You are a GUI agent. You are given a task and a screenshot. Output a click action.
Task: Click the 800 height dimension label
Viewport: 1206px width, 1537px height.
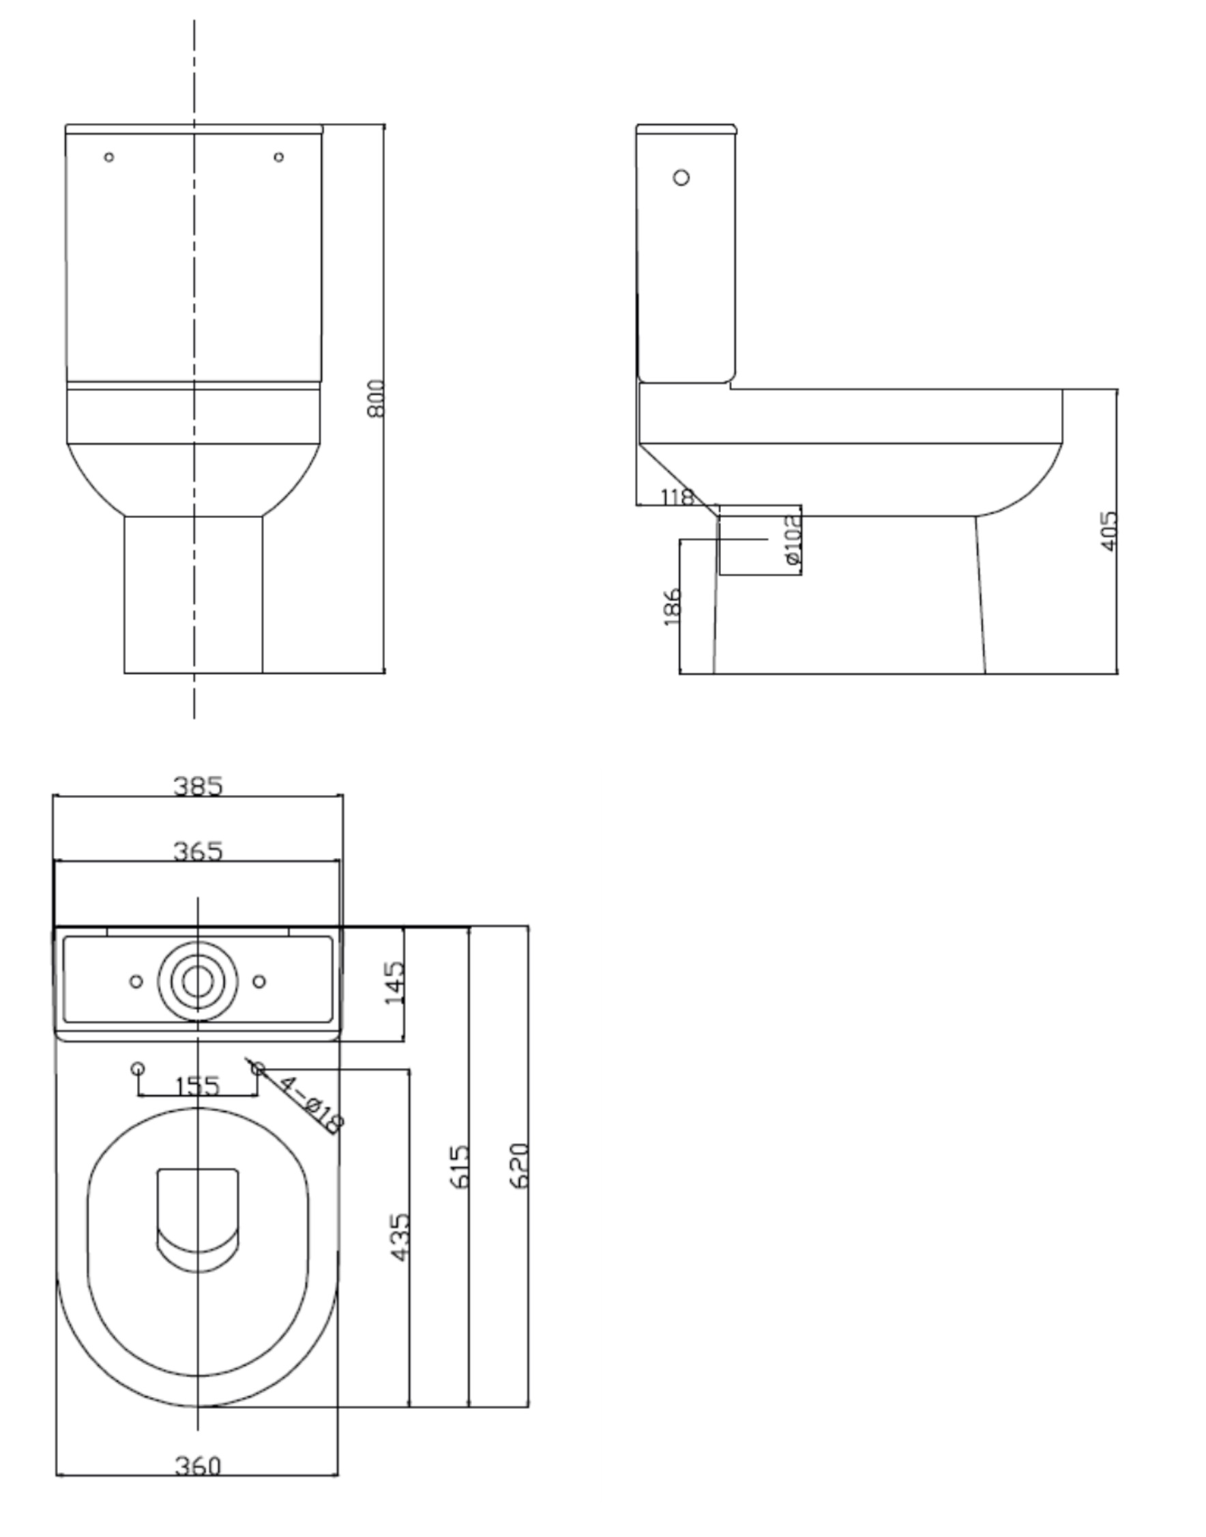(377, 399)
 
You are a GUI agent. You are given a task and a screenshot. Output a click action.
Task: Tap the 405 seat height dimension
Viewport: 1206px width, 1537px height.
(1109, 531)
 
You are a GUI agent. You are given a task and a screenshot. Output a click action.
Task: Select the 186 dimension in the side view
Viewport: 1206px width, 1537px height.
(672, 606)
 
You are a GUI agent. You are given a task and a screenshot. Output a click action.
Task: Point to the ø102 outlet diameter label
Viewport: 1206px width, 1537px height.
(793, 540)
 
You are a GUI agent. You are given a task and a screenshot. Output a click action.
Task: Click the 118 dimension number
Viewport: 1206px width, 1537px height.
(677, 498)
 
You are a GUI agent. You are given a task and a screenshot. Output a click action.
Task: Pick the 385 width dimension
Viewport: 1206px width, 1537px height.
(198, 786)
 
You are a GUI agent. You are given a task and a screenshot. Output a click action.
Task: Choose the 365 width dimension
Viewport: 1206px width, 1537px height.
(198, 851)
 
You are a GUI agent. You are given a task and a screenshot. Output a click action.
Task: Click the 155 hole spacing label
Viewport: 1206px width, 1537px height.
(197, 1086)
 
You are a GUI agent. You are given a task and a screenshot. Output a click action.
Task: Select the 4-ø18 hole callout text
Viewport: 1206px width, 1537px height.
(311, 1105)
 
